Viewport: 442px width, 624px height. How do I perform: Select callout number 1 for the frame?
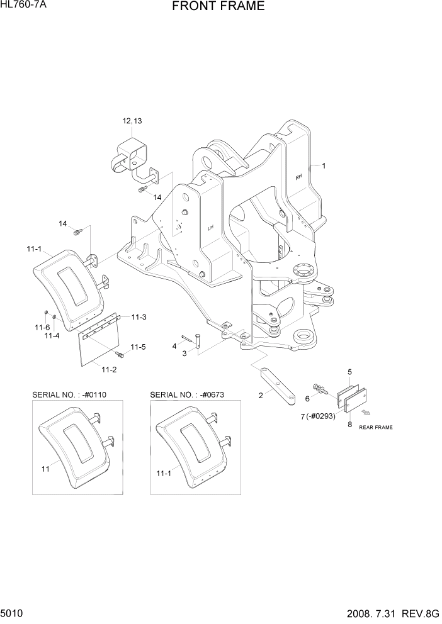tap(324, 166)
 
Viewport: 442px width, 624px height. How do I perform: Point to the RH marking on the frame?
tap(298, 177)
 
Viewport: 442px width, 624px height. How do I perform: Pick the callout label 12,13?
tap(133, 121)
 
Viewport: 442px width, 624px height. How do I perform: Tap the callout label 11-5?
tap(139, 347)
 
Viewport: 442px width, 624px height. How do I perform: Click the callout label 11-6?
tap(42, 328)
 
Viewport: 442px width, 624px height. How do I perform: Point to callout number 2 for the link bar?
tap(259, 396)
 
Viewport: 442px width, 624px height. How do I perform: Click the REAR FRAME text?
tap(376, 428)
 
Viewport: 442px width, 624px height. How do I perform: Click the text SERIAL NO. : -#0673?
tap(187, 394)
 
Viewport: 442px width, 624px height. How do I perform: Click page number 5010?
tap(13, 613)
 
